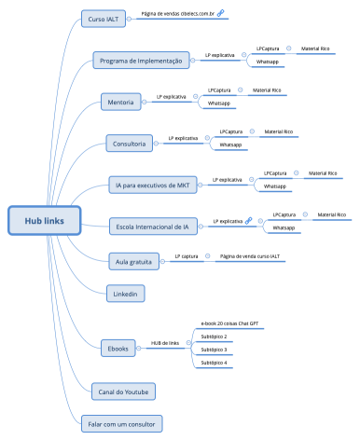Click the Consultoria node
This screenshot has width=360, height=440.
pyautogui.click(x=130, y=144)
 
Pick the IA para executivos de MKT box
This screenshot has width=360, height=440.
pyautogui.click(x=151, y=186)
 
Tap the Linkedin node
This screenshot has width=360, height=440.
pyautogui.click(x=125, y=294)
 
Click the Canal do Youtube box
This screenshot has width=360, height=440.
pyautogui.click(x=123, y=389)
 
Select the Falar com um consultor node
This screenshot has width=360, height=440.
pyautogui.click(x=122, y=421)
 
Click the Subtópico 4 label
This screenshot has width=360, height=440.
pyautogui.click(x=215, y=363)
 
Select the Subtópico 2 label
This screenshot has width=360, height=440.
pyautogui.click(x=215, y=336)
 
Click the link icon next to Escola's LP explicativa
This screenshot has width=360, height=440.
pyautogui.click(x=249, y=221)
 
